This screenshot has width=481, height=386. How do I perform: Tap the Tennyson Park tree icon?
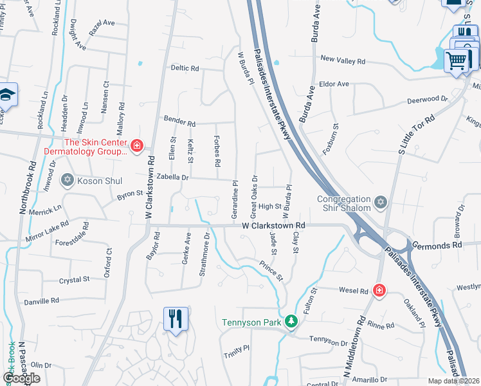click(291, 320)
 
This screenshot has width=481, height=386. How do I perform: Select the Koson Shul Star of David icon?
click(68, 179)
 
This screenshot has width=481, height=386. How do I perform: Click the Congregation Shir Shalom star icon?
click(381, 203)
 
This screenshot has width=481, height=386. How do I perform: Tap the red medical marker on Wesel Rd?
click(379, 291)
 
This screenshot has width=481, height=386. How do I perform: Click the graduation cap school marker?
click(7, 95)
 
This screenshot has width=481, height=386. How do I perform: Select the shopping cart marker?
click(457, 62)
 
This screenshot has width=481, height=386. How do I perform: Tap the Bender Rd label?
click(179, 121)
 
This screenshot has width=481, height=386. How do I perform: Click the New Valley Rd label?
click(343, 60)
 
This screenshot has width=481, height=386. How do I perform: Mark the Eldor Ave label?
click(334, 84)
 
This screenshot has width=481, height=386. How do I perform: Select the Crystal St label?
click(74, 280)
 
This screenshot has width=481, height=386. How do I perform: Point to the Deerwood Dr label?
click(427, 100)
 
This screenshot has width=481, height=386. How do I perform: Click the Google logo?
click(21, 378)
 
